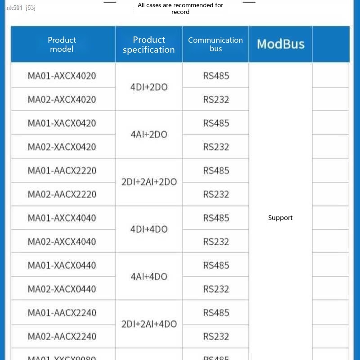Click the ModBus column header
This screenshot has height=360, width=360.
pyautogui.click(x=280, y=44)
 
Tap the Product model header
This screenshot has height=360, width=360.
pyautogui.click(x=62, y=45)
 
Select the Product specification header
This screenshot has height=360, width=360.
pyautogui.click(x=149, y=45)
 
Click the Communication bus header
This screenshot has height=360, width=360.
pyautogui.click(x=216, y=44)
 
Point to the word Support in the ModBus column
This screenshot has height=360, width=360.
pyautogui.click(x=280, y=218)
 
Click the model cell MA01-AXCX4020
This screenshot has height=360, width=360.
pyautogui.click(x=62, y=76)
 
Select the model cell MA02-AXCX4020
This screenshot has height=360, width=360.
pyautogui.click(x=62, y=99)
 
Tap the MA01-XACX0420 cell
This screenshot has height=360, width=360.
pyautogui.click(x=62, y=123)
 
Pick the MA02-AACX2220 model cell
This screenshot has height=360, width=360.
pyautogui.click(x=62, y=194)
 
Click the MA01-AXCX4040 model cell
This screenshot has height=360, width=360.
pyautogui.click(x=62, y=218)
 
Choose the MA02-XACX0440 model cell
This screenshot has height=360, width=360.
pyautogui.click(x=62, y=289)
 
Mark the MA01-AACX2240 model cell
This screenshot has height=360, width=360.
pyautogui.click(x=62, y=313)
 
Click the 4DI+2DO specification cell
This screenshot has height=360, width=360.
pyautogui.click(x=149, y=87)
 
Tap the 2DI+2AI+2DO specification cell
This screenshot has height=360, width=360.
pyautogui.click(x=149, y=182)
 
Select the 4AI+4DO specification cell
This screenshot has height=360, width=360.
pyautogui.click(x=149, y=277)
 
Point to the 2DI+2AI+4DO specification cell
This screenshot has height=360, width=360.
pyautogui.click(x=149, y=324)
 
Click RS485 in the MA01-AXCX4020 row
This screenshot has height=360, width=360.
pyautogui.click(x=216, y=76)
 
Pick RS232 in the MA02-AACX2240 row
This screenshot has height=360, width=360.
pyautogui.click(x=216, y=336)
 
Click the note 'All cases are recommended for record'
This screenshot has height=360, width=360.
pyautogui.click(x=180, y=9)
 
